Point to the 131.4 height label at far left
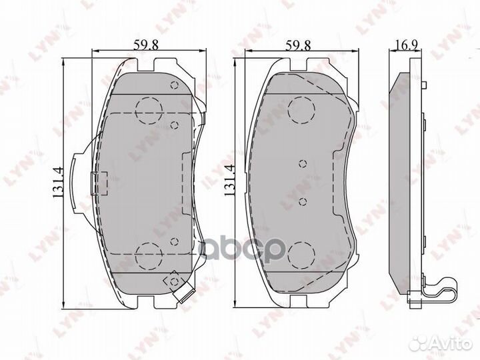[58, 181]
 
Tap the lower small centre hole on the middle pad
[302, 202]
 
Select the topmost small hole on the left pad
[174, 85]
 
